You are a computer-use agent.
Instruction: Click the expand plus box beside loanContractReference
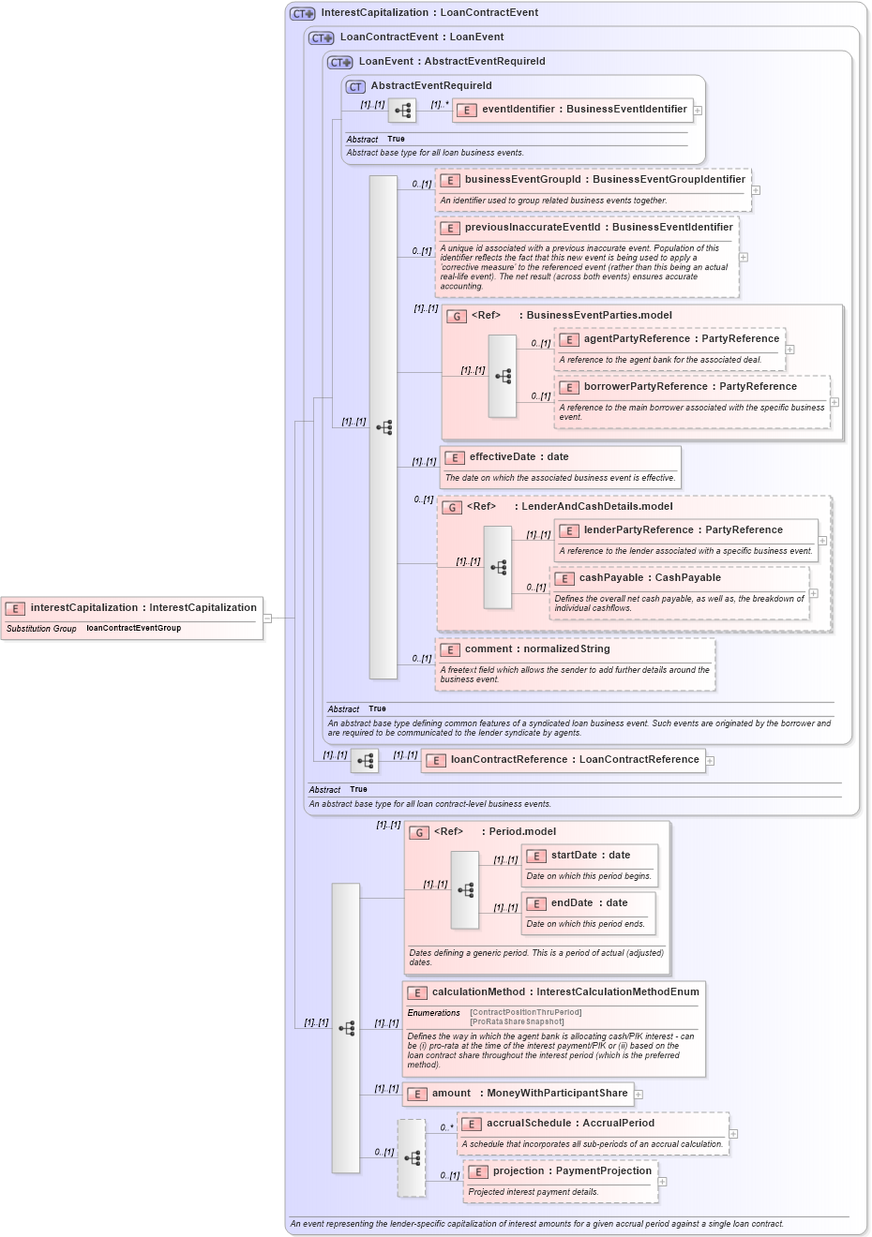coord(711,761)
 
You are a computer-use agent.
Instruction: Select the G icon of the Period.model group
coord(419,832)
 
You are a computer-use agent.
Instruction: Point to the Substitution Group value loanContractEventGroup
coord(133,629)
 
